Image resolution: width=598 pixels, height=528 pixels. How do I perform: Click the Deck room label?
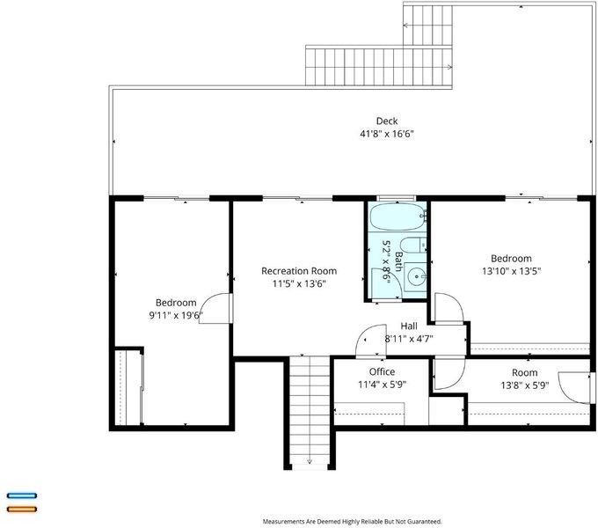tap(387, 121)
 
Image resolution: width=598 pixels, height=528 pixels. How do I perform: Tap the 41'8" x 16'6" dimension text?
tap(387, 134)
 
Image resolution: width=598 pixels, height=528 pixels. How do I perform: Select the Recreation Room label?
tap(299, 271)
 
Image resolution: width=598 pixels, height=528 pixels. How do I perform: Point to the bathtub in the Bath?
tap(397, 216)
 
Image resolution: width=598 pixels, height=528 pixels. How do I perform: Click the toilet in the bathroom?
tap(413, 245)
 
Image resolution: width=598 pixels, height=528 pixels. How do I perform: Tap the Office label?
tap(382, 371)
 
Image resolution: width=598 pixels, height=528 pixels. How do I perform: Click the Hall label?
tap(409, 326)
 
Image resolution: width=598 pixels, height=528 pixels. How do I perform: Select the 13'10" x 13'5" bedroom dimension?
tap(512, 271)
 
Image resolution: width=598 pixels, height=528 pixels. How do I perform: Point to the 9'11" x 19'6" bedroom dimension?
tap(175, 316)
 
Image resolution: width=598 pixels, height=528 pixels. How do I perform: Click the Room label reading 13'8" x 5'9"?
tap(525, 373)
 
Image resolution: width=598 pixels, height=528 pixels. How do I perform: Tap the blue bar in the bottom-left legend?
tap(22, 495)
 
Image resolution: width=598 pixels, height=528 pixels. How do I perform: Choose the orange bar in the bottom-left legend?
tap(22, 509)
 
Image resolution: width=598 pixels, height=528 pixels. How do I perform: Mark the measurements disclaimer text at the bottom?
tap(352, 521)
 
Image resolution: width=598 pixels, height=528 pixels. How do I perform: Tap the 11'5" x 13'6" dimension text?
tap(299, 284)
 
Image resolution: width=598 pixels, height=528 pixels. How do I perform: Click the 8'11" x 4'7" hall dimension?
tap(409, 339)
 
